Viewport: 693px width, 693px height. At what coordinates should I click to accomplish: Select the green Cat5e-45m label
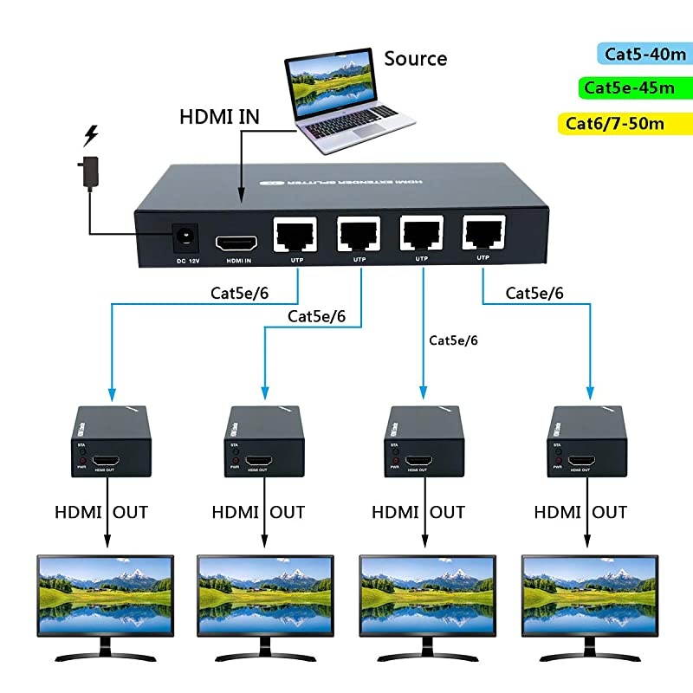pyautogui.click(x=630, y=87)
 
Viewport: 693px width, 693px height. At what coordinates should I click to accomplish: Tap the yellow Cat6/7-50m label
pyautogui.click(x=616, y=123)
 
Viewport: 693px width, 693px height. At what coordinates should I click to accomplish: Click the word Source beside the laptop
pyautogui.click(x=416, y=59)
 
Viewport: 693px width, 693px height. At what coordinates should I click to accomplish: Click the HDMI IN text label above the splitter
pyautogui.click(x=219, y=116)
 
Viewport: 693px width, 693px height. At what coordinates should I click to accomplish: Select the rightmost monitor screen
pyautogui.click(x=589, y=594)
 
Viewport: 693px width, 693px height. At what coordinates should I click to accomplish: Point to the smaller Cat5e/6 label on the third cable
pyautogui.click(x=453, y=340)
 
